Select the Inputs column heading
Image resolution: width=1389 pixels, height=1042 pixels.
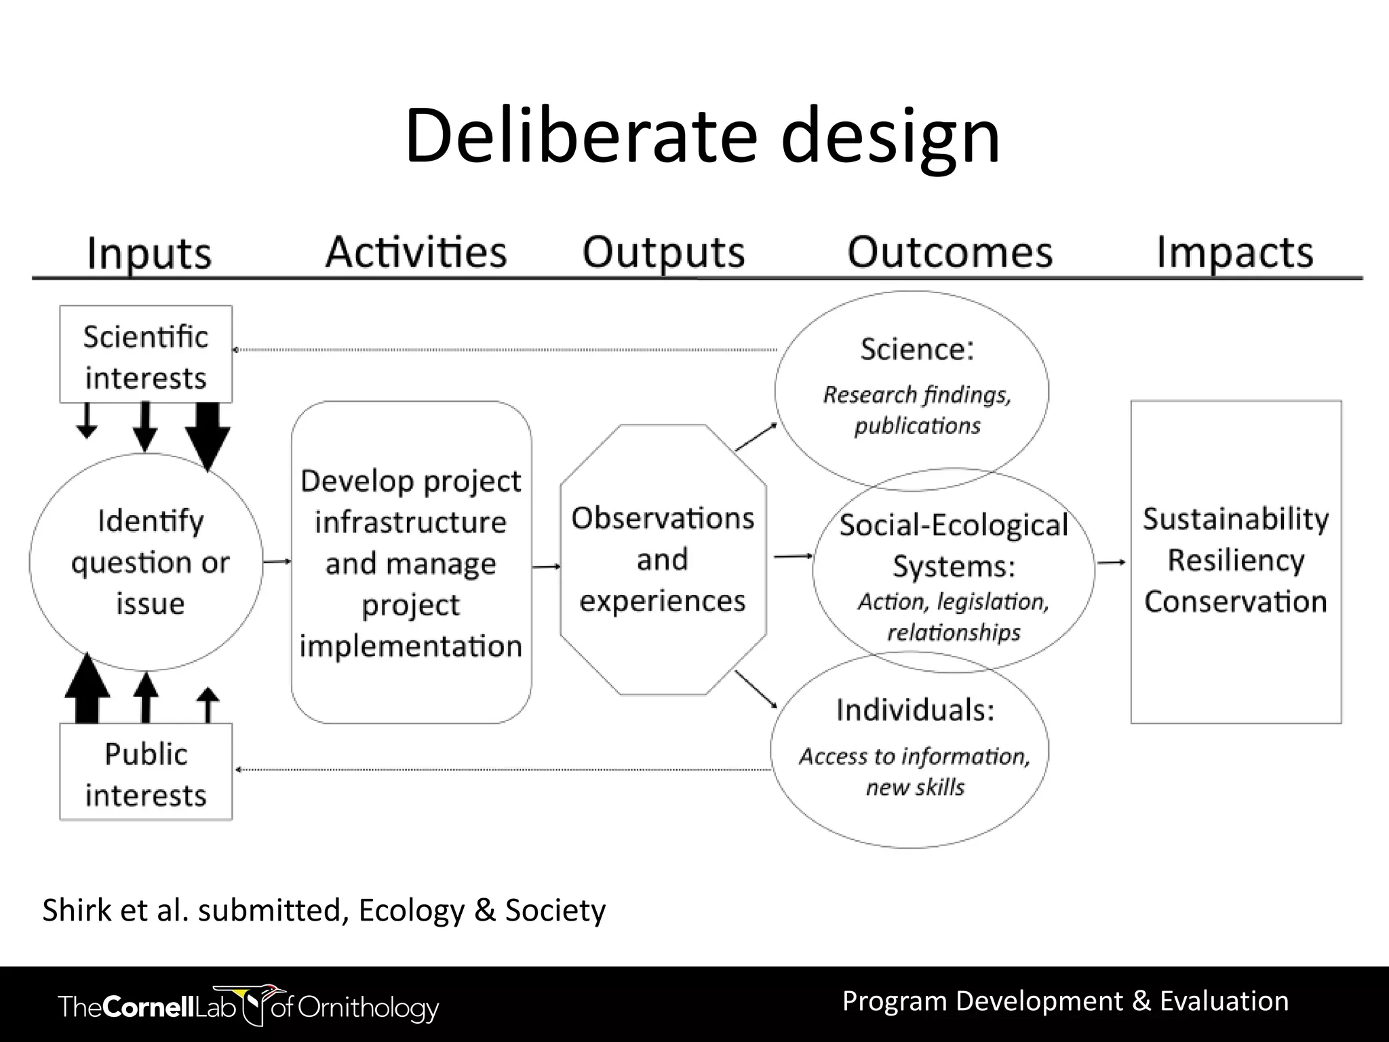click(x=149, y=254)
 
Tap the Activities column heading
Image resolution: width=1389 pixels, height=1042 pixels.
click(x=416, y=252)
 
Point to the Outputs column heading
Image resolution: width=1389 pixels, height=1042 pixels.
click(x=663, y=252)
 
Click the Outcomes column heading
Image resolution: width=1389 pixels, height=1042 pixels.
click(x=950, y=252)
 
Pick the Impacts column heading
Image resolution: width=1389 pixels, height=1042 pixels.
click(x=1234, y=252)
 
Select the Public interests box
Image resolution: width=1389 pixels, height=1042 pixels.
click(x=146, y=773)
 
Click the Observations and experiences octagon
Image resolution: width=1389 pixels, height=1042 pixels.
click(x=663, y=560)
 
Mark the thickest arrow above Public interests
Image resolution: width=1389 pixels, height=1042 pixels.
click(x=87, y=689)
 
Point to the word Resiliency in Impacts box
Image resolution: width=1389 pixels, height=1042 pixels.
click(x=1236, y=560)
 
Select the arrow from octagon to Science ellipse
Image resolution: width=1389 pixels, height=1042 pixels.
click(x=756, y=436)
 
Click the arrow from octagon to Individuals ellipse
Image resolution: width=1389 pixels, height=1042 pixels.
click(x=756, y=689)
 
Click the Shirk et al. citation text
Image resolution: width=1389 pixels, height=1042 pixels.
click(x=324, y=910)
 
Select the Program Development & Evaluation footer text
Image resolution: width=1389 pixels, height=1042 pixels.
click(x=1065, y=1001)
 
